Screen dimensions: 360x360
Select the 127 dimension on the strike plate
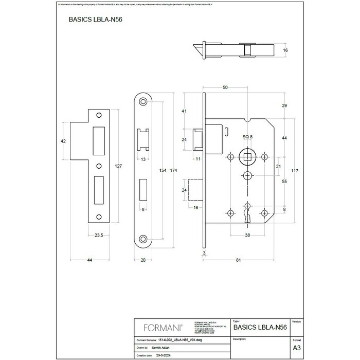[x=118, y=166]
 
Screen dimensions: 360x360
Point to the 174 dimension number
[x=173, y=170]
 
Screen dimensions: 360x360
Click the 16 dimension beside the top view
[x=285, y=50]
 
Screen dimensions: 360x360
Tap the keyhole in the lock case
[x=246, y=213]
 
